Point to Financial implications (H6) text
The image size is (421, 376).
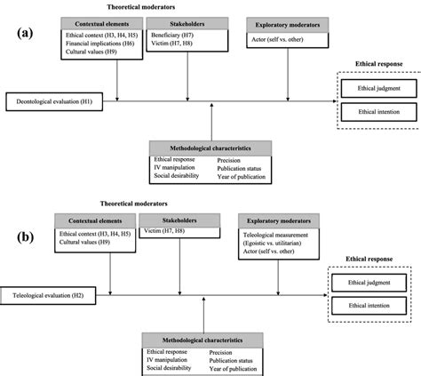point(99,43)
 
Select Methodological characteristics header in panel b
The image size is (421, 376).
point(199,340)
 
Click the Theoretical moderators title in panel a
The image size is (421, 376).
point(154,6)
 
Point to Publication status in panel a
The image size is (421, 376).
point(242,166)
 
